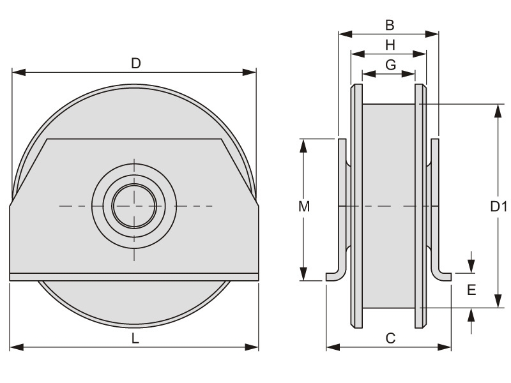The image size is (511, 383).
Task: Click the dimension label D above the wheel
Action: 135,63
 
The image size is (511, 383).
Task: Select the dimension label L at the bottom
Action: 135,339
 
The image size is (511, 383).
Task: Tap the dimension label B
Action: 389,25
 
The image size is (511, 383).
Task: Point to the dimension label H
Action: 389,45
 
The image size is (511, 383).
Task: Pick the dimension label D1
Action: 498,206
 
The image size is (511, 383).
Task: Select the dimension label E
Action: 471,290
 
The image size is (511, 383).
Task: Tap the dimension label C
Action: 390,339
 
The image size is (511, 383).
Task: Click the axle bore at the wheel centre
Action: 134,206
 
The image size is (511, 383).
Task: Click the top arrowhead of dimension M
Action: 305,144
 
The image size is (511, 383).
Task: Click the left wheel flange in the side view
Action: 356,206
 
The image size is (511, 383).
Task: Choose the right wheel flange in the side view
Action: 420,206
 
